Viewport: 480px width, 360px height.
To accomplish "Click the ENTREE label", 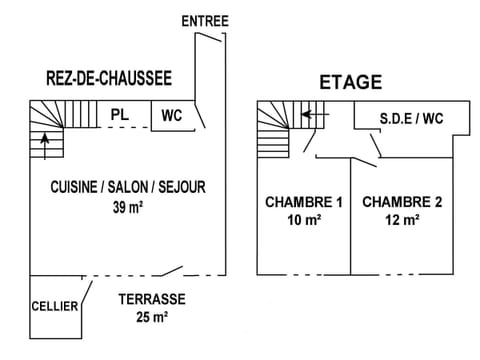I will click(206, 21).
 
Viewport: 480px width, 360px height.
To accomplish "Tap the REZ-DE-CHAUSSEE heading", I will click(109, 77).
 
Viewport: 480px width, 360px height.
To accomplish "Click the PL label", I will click(119, 115).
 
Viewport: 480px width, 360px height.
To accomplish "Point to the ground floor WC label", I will click(171, 116).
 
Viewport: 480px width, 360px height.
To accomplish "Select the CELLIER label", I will click(54, 306).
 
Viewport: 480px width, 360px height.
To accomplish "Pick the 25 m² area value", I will click(150, 317).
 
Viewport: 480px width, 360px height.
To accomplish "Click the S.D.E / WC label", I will click(411, 118).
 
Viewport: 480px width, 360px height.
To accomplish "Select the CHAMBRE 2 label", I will click(401, 202).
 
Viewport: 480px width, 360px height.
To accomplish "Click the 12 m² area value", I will click(402, 220).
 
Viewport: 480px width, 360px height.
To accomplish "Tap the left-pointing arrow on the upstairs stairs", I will click(314, 115).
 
